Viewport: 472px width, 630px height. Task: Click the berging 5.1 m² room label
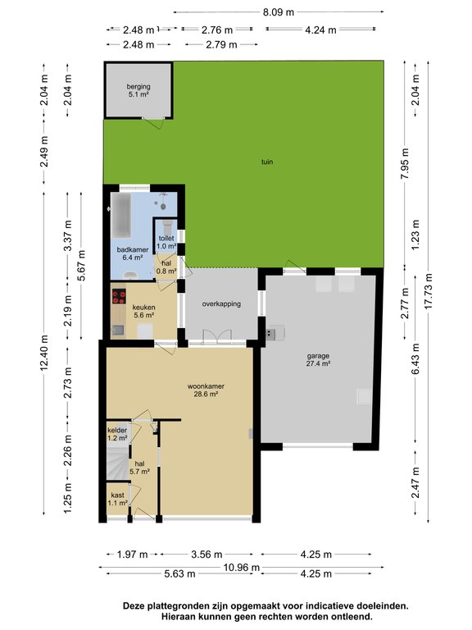click(138, 90)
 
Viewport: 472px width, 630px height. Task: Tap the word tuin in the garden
click(267, 162)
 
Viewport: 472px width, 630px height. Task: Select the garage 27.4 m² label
click(318, 359)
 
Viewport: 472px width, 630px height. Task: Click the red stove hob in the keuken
click(119, 296)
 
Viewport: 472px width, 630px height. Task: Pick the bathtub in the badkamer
click(120, 216)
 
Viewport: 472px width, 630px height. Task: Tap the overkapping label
click(221, 304)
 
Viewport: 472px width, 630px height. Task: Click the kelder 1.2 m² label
click(117, 434)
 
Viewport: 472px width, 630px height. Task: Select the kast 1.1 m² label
click(118, 499)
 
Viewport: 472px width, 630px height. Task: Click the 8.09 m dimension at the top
click(279, 12)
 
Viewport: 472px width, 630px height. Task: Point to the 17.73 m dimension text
click(429, 291)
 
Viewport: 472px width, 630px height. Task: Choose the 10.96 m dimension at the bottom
click(242, 568)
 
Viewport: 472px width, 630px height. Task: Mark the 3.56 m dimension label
click(206, 555)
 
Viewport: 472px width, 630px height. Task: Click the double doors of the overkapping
click(217, 336)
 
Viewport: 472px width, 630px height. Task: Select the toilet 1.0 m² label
click(166, 242)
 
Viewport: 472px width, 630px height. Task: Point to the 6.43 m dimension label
click(415, 358)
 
